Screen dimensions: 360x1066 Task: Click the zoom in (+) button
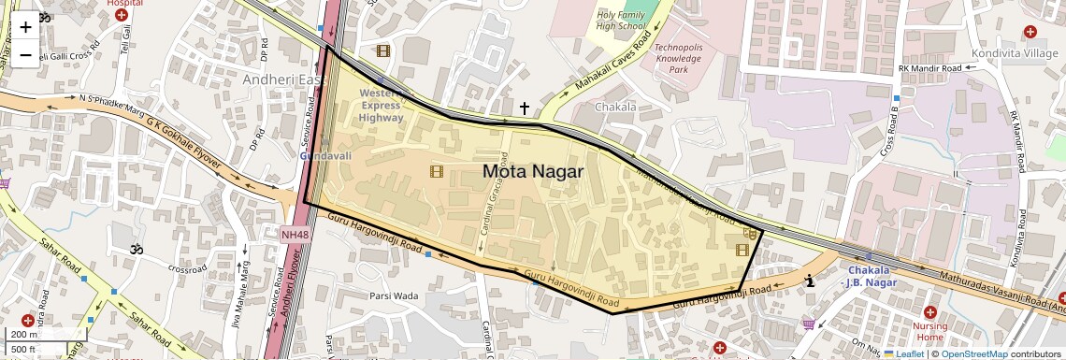25,27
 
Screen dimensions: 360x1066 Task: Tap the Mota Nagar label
533,171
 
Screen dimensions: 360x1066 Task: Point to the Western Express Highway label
382,106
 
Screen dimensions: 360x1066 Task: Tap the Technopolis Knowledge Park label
678,58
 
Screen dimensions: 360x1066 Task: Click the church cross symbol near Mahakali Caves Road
525,109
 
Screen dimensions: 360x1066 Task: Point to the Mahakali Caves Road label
612,65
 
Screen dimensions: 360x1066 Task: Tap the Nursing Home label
929,330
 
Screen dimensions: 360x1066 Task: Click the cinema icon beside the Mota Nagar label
436,171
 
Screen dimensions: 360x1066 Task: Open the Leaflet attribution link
903,353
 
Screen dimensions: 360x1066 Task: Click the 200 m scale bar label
24,335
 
